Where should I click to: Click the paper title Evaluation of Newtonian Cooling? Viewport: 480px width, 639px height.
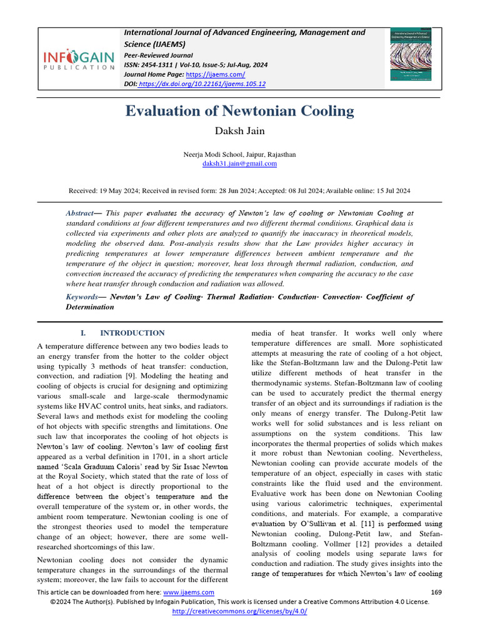pyautogui.click(x=240, y=112)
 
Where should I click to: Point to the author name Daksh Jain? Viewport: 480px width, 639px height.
pyautogui.click(x=240, y=130)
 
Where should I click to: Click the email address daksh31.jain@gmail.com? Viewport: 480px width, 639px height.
pyautogui.click(x=240, y=163)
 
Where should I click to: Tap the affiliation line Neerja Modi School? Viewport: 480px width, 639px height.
pyautogui.click(x=240, y=154)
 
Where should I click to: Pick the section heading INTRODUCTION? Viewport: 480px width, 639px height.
pyautogui.click(x=132, y=333)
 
